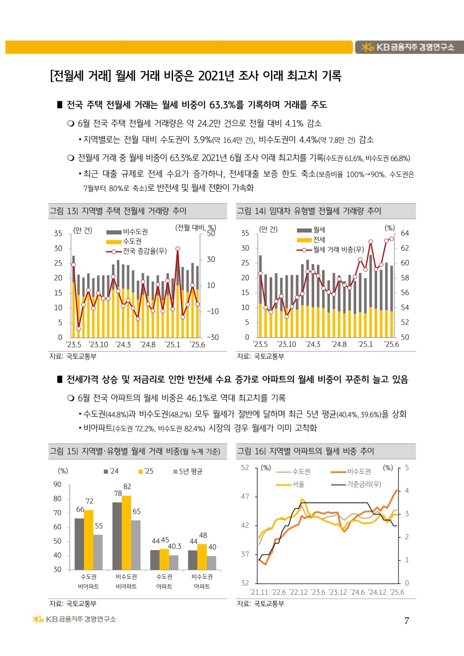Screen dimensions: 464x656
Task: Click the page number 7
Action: coord(406,621)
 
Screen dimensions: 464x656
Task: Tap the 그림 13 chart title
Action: coord(118,211)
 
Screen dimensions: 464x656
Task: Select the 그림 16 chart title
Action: coord(305,451)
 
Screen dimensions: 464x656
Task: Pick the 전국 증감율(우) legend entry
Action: coord(136,251)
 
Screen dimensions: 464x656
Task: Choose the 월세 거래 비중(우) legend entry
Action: coord(330,250)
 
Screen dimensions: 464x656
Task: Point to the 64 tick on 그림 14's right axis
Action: coord(405,233)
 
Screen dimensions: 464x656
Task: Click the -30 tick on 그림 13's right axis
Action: coord(213,337)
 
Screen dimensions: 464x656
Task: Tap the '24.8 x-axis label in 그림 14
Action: coord(339,344)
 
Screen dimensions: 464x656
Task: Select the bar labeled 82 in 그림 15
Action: coord(127,533)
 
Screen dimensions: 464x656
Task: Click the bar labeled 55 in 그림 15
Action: coord(98,553)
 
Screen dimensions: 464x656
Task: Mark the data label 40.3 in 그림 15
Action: coord(174,546)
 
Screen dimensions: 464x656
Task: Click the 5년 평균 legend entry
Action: coord(188,471)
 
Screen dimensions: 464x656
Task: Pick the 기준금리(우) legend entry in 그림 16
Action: coord(356,484)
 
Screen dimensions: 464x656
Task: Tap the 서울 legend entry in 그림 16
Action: coord(290,484)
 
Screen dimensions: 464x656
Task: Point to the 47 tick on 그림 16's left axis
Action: coord(245,496)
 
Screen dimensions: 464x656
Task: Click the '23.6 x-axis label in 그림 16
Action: coord(318,592)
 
